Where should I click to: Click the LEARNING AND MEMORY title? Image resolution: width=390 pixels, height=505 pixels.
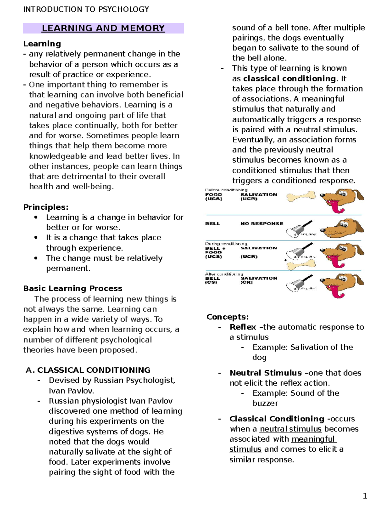coord(103,28)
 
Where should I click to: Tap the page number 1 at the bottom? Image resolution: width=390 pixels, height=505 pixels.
coord(365,496)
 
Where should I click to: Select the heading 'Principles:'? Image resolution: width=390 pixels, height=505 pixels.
coord(46,207)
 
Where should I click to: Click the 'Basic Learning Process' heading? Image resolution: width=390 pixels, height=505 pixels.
coord(73,288)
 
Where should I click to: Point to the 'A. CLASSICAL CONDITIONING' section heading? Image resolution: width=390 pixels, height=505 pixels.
coord(88,370)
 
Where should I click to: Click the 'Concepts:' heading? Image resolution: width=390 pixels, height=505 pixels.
coord(227,317)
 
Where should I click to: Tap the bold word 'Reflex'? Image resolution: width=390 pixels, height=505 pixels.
coord(242,327)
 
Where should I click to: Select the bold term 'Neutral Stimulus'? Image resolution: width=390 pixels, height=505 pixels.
coord(266,373)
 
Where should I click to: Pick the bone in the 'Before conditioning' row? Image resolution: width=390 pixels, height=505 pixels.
coord(301,196)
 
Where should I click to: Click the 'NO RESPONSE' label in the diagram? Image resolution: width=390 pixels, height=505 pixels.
coord(262,223)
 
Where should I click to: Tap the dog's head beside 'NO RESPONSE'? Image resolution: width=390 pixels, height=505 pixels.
coord(341,228)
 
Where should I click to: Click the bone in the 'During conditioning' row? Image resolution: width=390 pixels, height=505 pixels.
coord(301,265)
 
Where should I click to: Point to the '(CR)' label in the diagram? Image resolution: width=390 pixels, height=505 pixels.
coord(246,283)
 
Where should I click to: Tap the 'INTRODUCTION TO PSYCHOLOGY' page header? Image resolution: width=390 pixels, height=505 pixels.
coord(86,9)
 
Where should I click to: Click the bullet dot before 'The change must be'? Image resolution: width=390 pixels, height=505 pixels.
coord(36,258)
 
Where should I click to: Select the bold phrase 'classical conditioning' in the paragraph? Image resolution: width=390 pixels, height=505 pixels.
coord(289,79)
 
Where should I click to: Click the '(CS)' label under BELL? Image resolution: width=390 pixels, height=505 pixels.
coord(211,283)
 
